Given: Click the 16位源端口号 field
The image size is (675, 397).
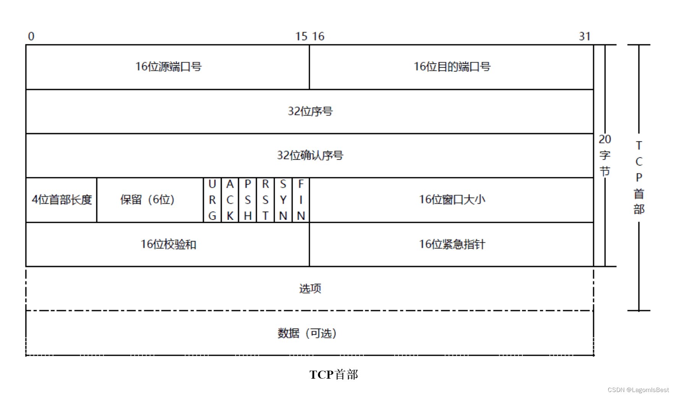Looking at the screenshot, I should click(x=168, y=67).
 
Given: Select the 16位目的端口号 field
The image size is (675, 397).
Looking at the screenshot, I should click(x=452, y=67).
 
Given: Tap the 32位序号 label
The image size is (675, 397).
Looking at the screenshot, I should click(x=310, y=111).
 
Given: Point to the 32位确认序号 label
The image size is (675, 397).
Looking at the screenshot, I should click(x=310, y=156).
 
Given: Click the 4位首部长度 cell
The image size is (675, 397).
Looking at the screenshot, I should click(x=62, y=200).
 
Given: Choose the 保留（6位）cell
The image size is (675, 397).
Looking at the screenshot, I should click(x=147, y=200).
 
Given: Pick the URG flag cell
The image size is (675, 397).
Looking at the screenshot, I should click(x=212, y=200).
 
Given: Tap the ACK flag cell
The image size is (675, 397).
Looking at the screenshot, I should click(x=230, y=200).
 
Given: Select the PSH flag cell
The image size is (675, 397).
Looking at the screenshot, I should click(x=248, y=200).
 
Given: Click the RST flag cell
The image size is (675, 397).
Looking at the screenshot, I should click(x=265, y=200).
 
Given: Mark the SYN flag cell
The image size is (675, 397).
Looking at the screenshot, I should click(x=283, y=200).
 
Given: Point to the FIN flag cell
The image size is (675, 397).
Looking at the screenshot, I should click(x=301, y=200).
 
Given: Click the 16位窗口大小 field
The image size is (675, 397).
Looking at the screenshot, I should click(x=452, y=200).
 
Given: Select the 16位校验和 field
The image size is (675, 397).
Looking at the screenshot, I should click(x=168, y=244).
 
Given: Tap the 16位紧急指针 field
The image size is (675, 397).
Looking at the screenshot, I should click(x=452, y=244).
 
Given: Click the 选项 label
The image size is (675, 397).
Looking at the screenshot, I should click(x=310, y=288).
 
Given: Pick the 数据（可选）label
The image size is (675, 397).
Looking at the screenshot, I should click(x=307, y=333).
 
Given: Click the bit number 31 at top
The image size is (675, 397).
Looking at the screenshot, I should click(x=584, y=36).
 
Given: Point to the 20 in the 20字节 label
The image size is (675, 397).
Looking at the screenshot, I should click(x=605, y=139).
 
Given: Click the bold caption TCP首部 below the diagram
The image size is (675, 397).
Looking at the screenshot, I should click(x=333, y=374).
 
